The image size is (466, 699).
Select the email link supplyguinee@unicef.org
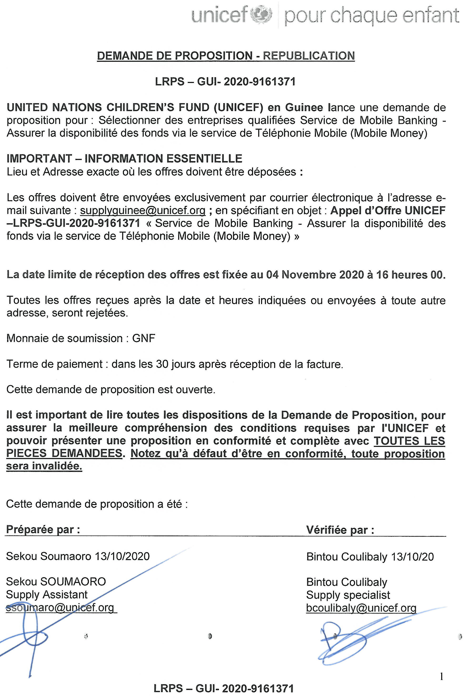click(x=143, y=210)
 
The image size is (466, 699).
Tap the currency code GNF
click(x=144, y=338)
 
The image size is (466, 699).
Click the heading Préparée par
click(x=43, y=530)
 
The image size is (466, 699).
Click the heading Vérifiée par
click(x=340, y=530)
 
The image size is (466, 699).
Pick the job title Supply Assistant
click(x=47, y=595)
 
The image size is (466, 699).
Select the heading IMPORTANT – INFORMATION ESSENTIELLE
click(x=124, y=159)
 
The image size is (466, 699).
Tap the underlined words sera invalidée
click(x=44, y=466)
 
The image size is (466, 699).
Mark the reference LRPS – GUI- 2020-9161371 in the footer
click(x=224, y=688)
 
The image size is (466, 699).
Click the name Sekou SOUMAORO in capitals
click(x=56, y=582)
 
